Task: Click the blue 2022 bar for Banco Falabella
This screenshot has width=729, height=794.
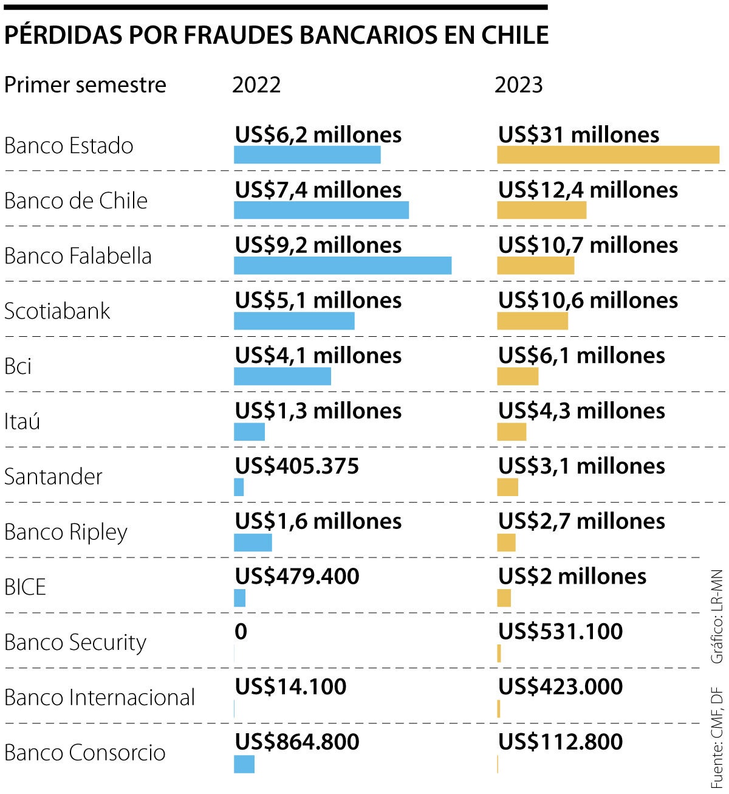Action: click(343, 266)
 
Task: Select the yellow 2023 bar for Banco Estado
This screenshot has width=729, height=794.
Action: click(608, 155)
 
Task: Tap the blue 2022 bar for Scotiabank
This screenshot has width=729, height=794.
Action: click(294, 321)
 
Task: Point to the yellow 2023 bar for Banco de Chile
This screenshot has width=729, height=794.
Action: click(541, 210)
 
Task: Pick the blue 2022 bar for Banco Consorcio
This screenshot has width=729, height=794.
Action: click(244, 764)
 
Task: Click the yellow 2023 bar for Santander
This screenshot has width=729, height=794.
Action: click(507, 487)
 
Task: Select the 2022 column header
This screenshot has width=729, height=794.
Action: click(256, 85)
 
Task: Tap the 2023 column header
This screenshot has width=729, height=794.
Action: click(518, 85)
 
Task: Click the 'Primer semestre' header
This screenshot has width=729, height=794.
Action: click(85, 85)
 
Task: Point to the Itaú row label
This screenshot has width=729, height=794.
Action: click(22, 421)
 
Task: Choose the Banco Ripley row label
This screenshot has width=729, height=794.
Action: click(66, 532)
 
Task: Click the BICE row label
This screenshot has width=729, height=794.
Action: click(25, 587)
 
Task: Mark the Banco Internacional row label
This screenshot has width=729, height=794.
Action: click(100, 697)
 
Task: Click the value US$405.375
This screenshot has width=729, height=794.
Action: click(297, 466)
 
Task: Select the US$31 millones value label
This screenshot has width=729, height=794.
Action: click(578, 135)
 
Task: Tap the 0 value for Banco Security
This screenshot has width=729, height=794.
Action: click(241, 632)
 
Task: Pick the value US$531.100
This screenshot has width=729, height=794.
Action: click(560, 632)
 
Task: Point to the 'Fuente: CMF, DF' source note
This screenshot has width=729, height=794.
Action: click(717, 738)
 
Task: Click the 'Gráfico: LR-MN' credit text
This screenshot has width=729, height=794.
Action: click(717, 616)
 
